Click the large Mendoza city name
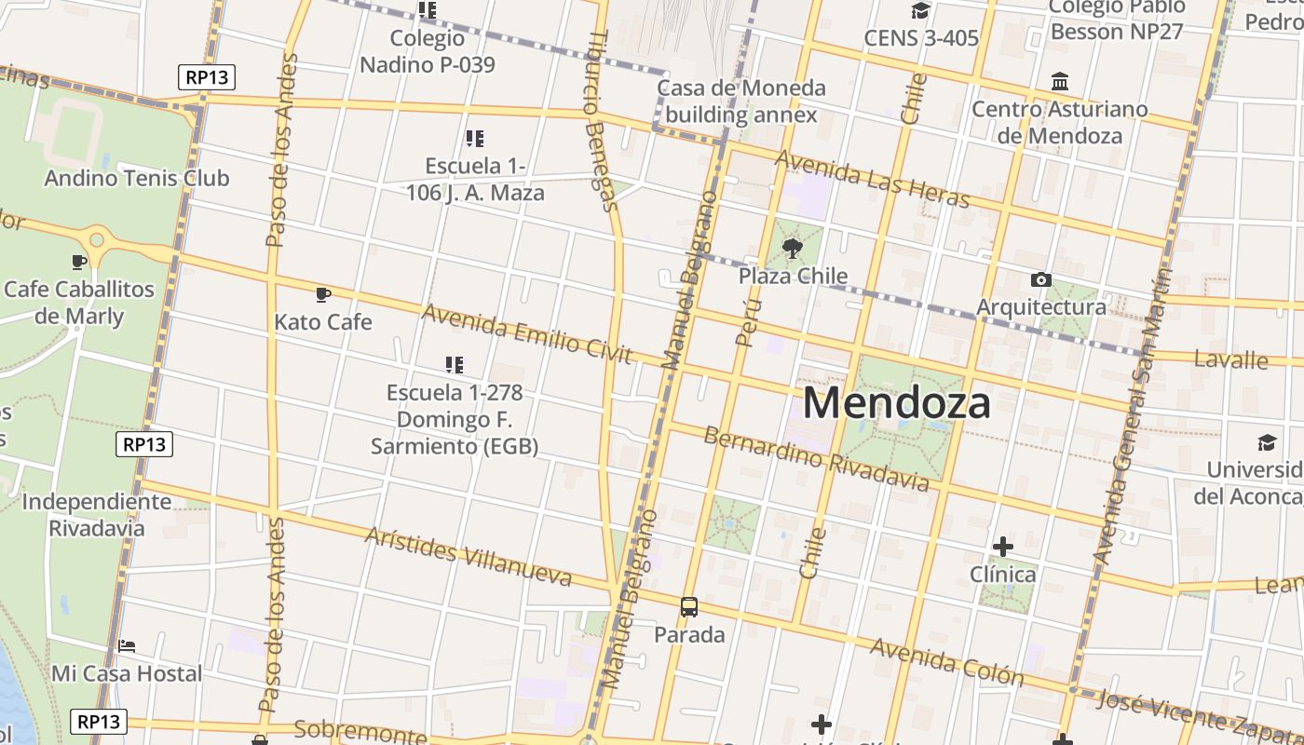(896, 403)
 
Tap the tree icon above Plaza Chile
(793, 248)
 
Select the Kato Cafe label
(323, 322)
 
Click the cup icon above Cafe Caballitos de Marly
(79, 262)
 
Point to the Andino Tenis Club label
(137, 178)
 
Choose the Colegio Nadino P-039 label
(428, 51)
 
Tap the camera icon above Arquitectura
(1041, 279)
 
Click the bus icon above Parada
(689, 607)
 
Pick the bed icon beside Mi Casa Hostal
(127, 645)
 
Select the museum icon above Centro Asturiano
(1060, 82)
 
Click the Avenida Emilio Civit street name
(526, 333)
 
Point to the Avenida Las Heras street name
(872, 180)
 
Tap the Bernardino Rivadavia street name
(816, 459)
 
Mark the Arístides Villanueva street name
(468, 557)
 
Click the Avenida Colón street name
(946, 662)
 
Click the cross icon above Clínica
(1003, 546)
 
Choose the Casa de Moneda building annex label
(741, 102)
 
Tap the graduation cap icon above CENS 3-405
(920, 11)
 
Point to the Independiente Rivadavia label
(97, 515)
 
